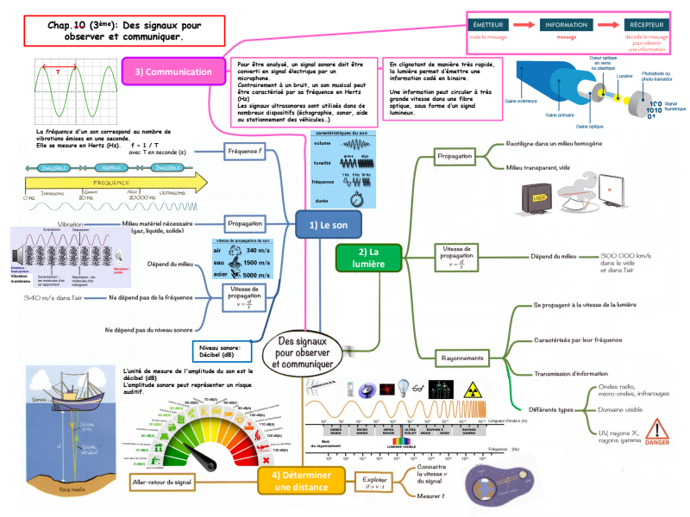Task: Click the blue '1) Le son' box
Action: (x=328, y=224)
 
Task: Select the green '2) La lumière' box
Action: (x=368, y=257)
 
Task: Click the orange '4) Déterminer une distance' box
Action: (x=298, y=480)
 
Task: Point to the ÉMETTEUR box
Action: (x=489, y=25)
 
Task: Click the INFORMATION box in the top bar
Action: (x=566, y=25)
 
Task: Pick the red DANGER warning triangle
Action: (x=658, y=428)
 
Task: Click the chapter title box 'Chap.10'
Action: (x=122, y=31)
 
